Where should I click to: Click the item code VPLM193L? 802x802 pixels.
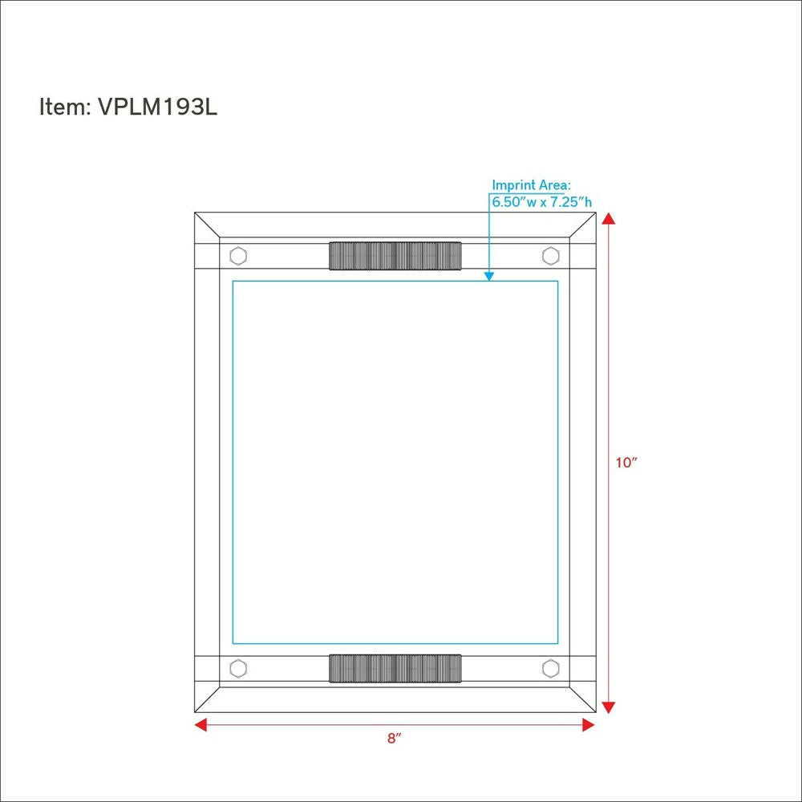pos(157,107)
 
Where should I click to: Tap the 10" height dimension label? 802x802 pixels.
pos(626,463)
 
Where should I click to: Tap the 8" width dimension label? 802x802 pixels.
pos(394,739)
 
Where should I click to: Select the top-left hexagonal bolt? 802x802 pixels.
pos(238,256)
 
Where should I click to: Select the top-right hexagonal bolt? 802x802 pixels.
pos(550,256)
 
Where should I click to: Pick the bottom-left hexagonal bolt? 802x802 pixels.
pos(238,668)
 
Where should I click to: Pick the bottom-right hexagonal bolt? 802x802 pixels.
pos(550,668)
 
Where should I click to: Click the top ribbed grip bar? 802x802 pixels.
pos(395,256)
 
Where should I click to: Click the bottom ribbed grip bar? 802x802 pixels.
pos(395,668)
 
